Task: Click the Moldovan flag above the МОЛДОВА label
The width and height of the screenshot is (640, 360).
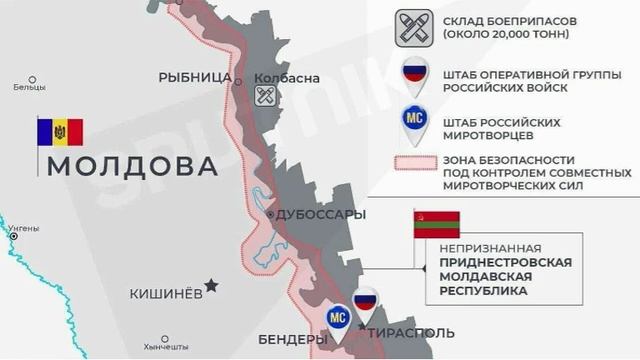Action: pos(60,132)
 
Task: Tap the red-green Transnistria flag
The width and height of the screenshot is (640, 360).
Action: pos(436,224)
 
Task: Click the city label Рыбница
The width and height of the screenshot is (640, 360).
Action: pos(195,77)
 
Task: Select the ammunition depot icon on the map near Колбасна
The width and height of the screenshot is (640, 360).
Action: pos(265,96)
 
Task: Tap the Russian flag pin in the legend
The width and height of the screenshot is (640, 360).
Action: pos(413,76)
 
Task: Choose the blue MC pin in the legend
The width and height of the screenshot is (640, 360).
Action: pos(413,122)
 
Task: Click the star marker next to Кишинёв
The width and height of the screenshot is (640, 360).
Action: pos(211,285)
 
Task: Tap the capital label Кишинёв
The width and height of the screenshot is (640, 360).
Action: pos(166,294)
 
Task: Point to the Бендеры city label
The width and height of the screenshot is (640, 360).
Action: pos(291,340)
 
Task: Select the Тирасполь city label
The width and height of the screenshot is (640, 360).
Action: pos(411,333)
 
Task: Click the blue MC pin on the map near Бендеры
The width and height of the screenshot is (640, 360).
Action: pos(338,318)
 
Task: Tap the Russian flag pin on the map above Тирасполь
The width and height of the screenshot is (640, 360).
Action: pos(365,303)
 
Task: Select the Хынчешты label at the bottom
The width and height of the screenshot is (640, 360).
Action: pos(165,347)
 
